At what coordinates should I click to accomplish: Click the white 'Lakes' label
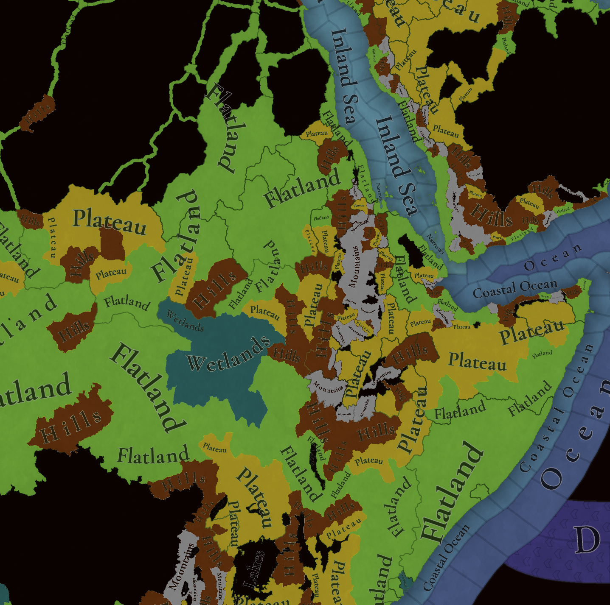(x=254, y=569)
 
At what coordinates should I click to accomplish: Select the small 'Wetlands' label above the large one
(x=185, y=321)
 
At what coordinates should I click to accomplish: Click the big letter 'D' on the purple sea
(x=588, y=539)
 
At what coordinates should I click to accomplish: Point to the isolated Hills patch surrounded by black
(x=38, y=112)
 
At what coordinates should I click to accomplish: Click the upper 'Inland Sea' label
(x=344, y=76)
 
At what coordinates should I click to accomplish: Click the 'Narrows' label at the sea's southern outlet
(x=436, y=244)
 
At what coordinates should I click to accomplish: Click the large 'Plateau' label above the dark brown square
(x=110, y=221)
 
